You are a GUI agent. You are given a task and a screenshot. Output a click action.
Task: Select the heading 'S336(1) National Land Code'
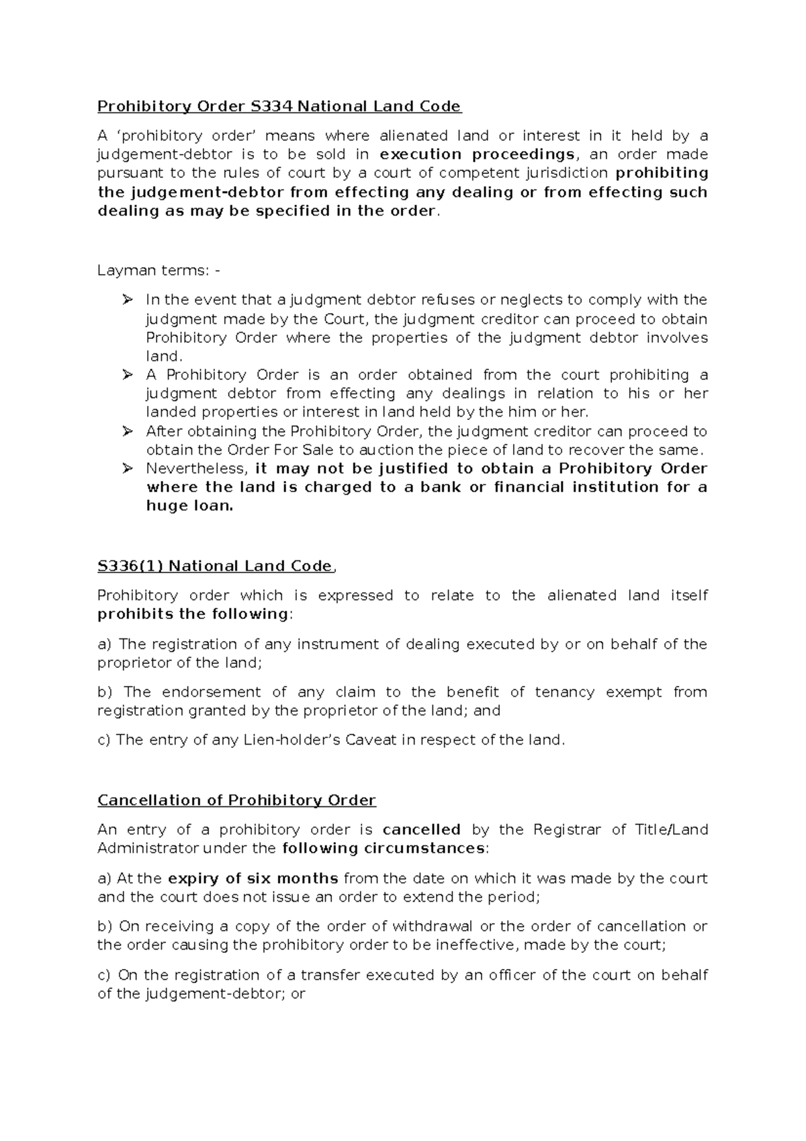[x=215, y=566]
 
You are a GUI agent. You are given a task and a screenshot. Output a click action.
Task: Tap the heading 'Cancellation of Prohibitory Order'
[x=236, y=800]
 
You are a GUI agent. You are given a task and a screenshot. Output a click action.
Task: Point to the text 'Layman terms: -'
[x=158, y=270]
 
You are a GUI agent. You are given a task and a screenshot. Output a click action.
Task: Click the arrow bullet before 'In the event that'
[x=128, y=300]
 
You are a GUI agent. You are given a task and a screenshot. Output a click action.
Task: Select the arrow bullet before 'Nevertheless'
[x=128, y=468]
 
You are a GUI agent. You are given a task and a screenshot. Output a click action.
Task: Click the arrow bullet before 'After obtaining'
[x=128, y=431]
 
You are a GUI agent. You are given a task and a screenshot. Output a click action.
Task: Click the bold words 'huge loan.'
[x=189, y=506]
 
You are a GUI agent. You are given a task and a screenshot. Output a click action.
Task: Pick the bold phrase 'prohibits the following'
[x=193, y=614]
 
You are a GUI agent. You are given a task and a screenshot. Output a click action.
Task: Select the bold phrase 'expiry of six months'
[x=253, y=878]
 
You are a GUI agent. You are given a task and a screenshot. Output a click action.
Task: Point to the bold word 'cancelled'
[x=421, y=830]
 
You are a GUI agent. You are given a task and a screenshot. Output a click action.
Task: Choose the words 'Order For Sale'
[x=248, y=450]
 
